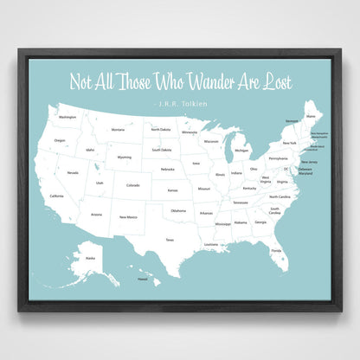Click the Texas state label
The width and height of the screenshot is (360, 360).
tap(170, 240)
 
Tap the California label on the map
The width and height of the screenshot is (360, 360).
tap(56, 196)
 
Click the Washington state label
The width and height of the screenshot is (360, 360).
tap(67, 117)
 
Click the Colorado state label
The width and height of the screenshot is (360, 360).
tap(132, 184)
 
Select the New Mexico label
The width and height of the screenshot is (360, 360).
tap(128, 216)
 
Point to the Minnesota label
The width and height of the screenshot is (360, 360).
tap(188, 133)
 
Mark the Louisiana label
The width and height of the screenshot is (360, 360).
tap(211, 244)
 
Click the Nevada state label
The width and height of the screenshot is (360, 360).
tap(73, 172)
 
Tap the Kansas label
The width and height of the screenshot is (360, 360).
tap(172, 190)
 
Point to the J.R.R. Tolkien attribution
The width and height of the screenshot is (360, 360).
tap(179, 102)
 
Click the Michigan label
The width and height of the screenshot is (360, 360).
tap(241, 150)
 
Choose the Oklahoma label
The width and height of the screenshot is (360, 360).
tap(177, 210)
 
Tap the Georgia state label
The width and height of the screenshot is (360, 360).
tap(260, 222)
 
